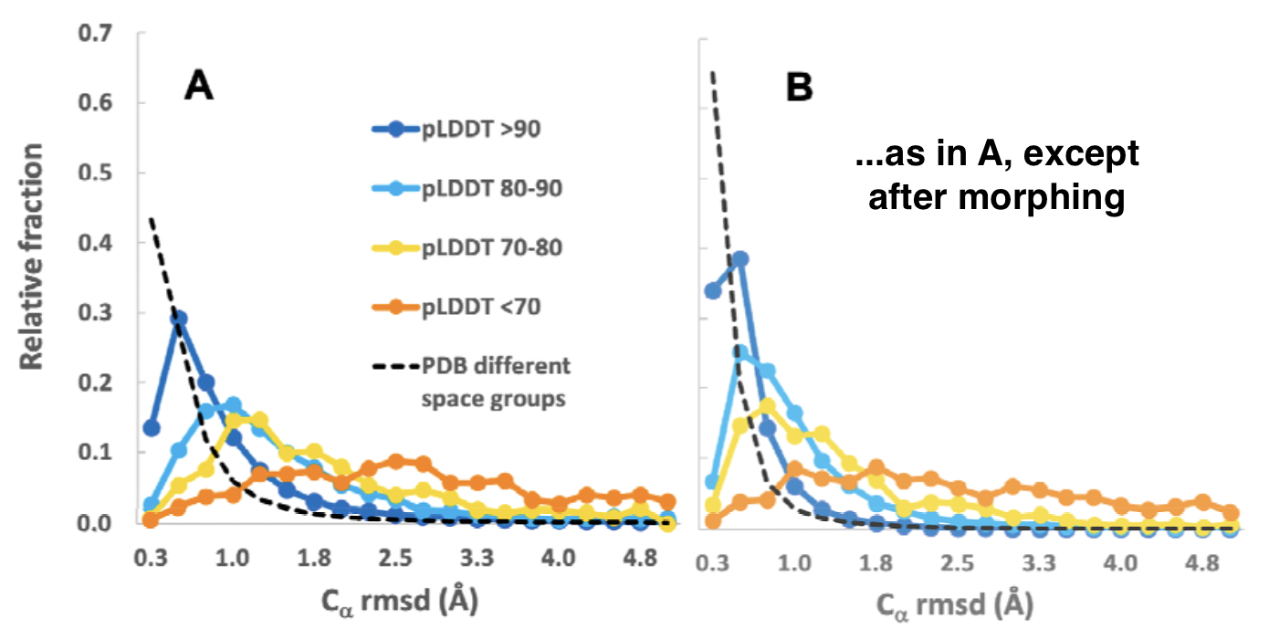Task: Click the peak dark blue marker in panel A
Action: [x=179, y=319]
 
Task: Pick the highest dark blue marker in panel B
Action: [x=740, y=259]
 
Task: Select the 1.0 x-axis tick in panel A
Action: [x=232, y=557]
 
